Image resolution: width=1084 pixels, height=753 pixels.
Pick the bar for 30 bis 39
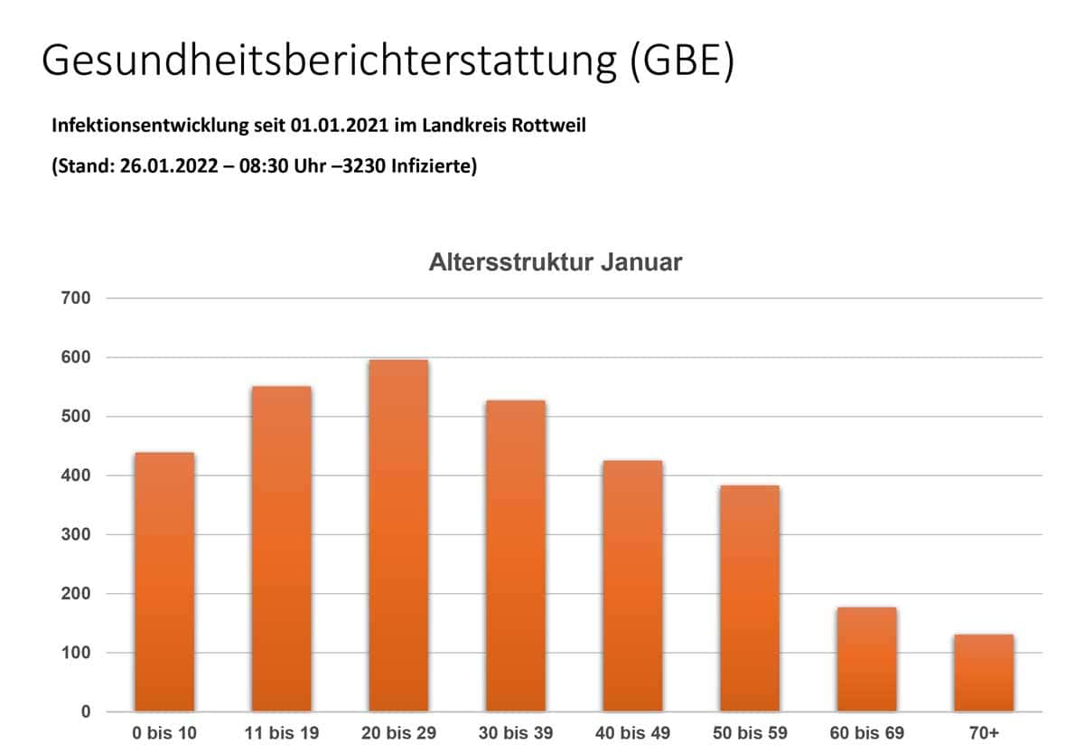tap(515, 555)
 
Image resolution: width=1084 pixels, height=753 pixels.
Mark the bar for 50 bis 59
tap(749, 598)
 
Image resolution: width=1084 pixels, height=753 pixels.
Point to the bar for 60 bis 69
tap(866, 659)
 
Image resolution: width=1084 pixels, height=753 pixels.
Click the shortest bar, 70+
tap(983, 673)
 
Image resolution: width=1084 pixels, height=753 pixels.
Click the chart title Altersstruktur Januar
tap(555, 263)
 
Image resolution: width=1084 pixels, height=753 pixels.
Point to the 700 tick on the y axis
tap(76, 298)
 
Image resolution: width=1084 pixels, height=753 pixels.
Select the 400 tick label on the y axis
tap(76, 475)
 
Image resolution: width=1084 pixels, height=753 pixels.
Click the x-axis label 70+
tap(983, 732)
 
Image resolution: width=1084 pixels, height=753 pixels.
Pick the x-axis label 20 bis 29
tap(398, 732)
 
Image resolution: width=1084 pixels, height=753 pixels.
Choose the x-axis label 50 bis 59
tap(749, 732)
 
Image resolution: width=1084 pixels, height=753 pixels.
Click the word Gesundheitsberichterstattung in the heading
tap(327, 61)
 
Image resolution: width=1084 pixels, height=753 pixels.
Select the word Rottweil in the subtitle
tap(549, 126)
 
